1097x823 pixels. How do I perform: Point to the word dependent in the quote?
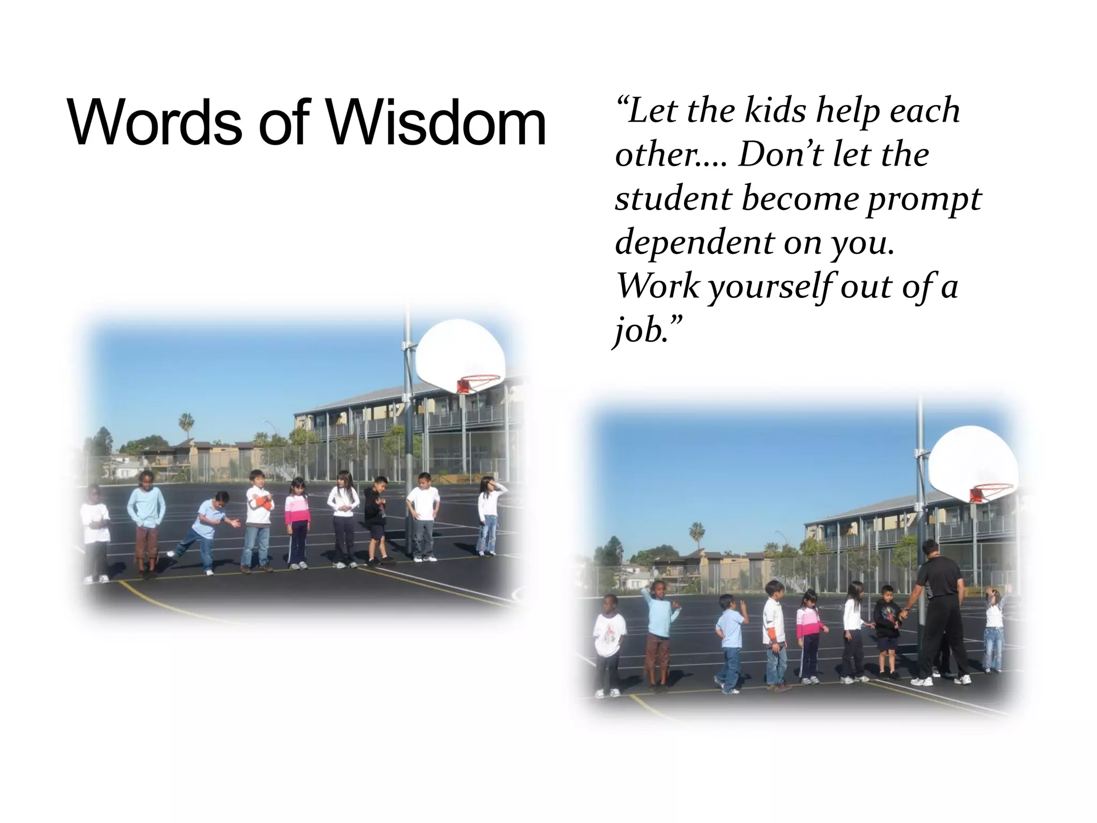tap(694, 243)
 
